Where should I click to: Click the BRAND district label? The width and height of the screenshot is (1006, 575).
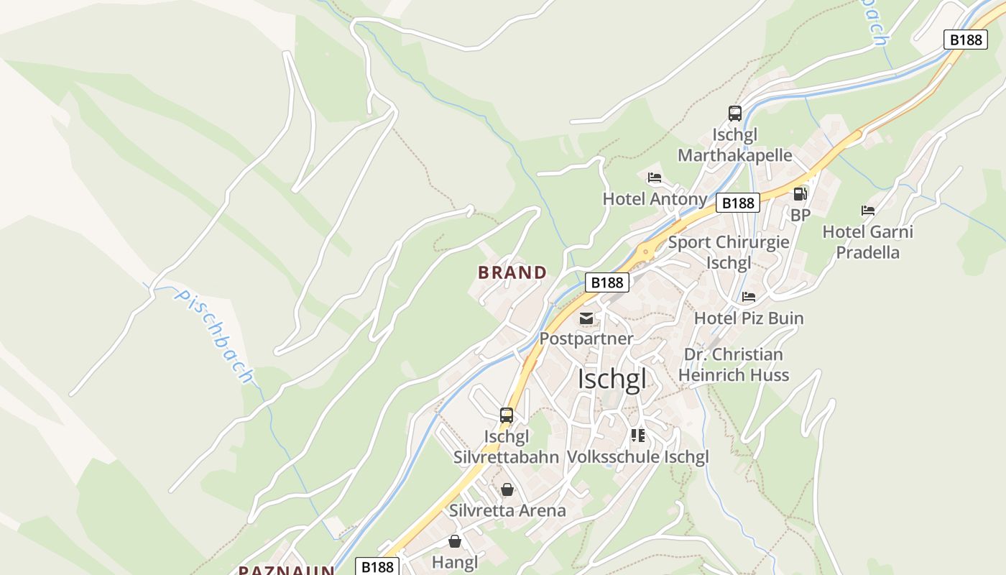[512, 272]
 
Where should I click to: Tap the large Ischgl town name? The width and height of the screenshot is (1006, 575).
[612, 379]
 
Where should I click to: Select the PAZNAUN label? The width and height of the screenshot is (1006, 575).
[287, 570]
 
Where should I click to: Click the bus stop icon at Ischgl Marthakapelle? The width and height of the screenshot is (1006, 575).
[734, 114]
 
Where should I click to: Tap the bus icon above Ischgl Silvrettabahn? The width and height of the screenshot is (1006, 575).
[507, 415]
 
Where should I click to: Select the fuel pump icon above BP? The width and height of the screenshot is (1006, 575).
[800, 194]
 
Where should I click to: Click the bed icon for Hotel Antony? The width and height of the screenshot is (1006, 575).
[654, 178]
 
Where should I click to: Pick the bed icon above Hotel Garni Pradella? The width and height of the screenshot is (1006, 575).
[868, 211]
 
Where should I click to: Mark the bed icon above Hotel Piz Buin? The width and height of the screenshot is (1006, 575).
[749, 296]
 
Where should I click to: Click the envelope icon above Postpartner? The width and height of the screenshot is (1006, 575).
[586, 318]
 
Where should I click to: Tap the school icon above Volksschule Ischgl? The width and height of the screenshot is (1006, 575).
[638, 436]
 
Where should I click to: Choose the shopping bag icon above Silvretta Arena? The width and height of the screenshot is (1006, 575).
[507, 489]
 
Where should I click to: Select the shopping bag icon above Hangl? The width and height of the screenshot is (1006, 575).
[454, 541]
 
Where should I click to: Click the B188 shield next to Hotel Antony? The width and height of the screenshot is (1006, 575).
[738, 203]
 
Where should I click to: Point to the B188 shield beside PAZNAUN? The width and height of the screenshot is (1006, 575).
[377, 567]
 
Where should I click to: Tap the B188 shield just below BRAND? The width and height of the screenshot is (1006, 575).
[606, 282]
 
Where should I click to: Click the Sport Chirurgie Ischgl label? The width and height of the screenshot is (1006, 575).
[729, 252]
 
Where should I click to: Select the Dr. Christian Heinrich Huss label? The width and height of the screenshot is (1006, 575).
[734, 364]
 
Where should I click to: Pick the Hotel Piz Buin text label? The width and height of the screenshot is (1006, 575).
[749, 318]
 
